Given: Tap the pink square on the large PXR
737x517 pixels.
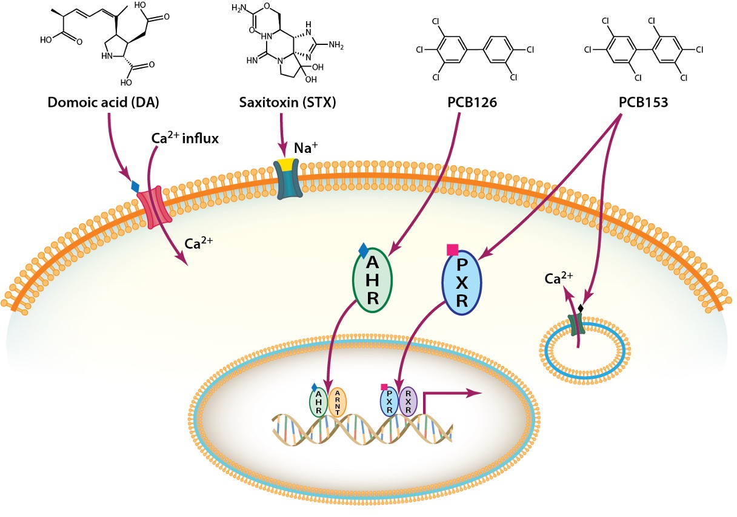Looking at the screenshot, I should [452, 249].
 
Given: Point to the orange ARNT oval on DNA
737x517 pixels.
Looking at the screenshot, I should [336, 402].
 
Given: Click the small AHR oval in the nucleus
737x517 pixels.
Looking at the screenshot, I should [319, 402].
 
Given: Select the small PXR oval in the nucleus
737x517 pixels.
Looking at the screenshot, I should [389, 402].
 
